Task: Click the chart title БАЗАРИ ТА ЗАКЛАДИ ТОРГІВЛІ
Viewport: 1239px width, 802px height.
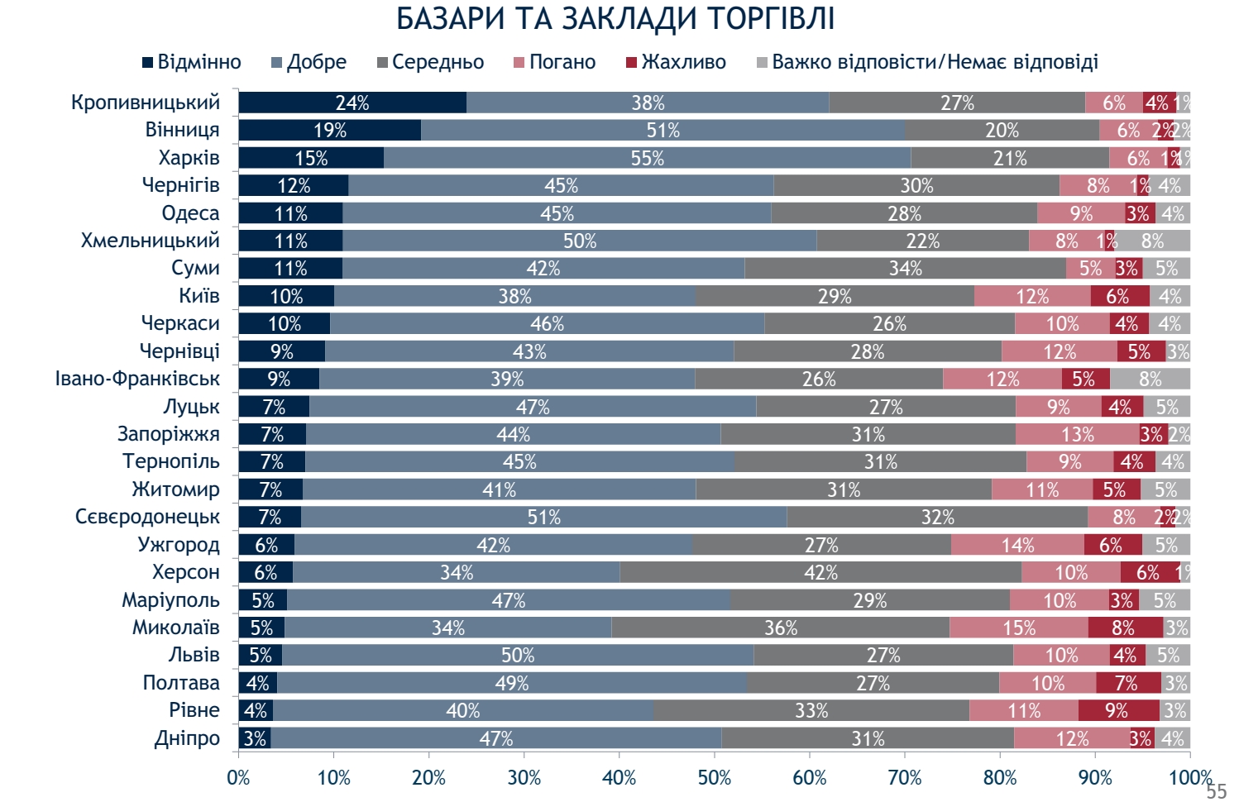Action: [x=615, y=19]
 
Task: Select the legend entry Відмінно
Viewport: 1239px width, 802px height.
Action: [x=192, y=62]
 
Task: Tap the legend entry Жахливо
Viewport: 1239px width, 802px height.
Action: [x=677, y=62]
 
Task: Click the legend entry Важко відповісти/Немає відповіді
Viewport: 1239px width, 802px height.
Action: [x=927, y=62]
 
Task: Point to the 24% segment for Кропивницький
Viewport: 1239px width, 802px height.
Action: [x=352, y=103]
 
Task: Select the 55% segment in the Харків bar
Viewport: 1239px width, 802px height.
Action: [x=647, y=158]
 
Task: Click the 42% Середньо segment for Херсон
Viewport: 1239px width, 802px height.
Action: [x=820, y=572]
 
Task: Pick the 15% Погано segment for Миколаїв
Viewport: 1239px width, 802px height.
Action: [x=1019, y=628]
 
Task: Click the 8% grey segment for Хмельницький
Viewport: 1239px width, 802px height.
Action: [x=1152, y=241]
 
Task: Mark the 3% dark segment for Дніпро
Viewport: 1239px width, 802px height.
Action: [x=255, y=738]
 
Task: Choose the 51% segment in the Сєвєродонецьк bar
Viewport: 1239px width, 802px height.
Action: [x=543, y=517]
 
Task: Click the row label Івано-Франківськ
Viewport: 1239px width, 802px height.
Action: [x=137, y=379]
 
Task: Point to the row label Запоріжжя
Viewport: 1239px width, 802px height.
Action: [x=169, y=434]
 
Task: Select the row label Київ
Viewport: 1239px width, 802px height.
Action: [x=199, y=296]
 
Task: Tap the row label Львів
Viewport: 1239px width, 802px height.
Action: [x=194, y=655]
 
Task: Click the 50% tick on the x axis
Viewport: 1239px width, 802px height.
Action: [x=715, y=778]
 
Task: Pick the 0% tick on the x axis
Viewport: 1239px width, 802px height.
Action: [x=238, y=778]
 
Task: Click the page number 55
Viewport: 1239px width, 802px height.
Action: [x=1216, y=791]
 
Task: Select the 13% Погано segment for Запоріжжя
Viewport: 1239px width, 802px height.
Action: [x=1077, y=434]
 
